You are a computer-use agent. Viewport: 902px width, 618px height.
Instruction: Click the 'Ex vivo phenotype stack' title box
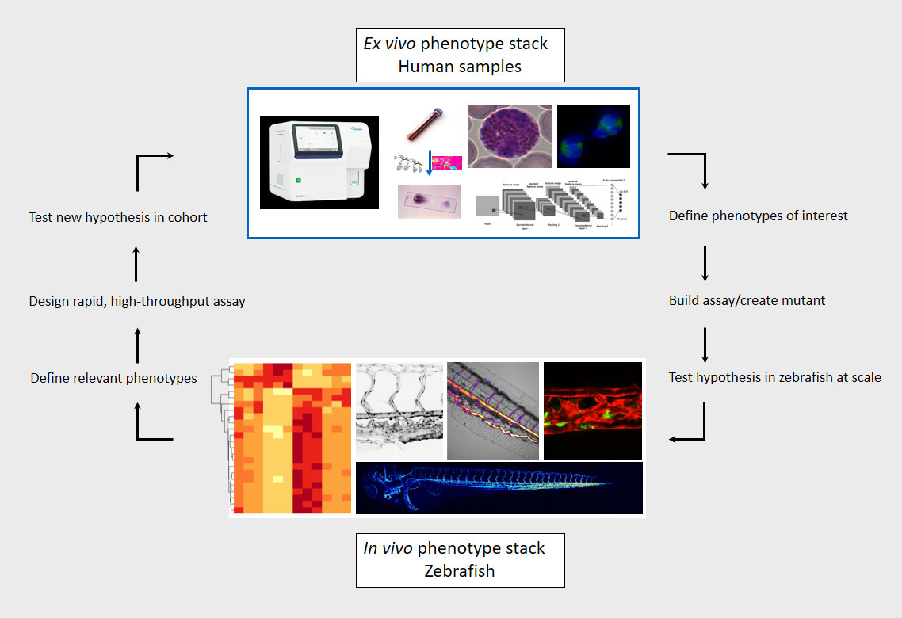pos(460,55)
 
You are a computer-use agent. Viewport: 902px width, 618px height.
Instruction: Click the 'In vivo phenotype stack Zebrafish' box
pos(460,559)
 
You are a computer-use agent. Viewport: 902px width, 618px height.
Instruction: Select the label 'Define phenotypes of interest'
pos(758,216)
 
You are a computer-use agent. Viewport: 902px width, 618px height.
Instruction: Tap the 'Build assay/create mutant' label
pos(747,301)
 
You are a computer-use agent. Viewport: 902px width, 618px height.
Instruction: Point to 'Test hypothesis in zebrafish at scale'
pos(774,377)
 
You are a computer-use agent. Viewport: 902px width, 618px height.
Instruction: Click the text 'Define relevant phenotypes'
pos(113,378)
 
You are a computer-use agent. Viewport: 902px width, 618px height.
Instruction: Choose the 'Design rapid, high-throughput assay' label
pos(137,301)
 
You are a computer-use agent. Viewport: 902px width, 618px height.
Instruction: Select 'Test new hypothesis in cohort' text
pos(118,216)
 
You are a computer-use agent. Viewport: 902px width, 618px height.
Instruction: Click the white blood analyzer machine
pos(319,162)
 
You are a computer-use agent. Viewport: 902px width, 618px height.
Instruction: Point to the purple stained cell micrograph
pos(509,136)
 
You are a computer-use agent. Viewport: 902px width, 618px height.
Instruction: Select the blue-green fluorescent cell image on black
pos(593,136)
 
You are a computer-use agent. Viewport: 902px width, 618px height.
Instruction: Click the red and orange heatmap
pos(290,438)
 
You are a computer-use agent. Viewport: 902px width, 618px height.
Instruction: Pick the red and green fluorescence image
pos(592,410)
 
